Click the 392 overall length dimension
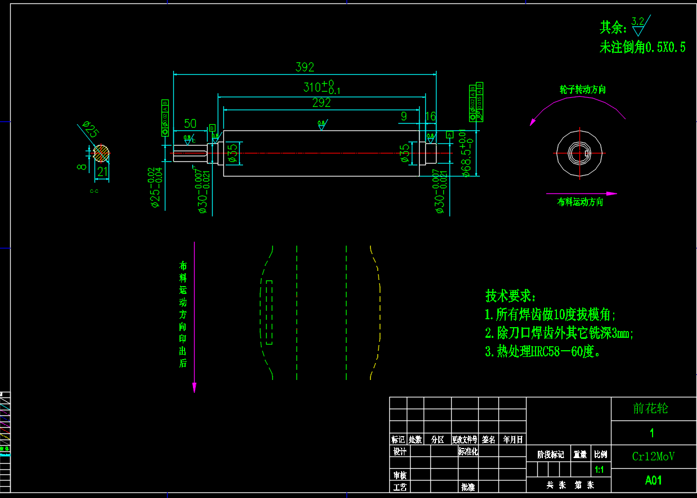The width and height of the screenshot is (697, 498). tap(305, 67)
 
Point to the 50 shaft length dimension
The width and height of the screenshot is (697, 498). tap(190, 124)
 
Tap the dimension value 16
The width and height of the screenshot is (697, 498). tap(430, 116)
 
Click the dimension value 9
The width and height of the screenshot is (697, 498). tap(403, 116)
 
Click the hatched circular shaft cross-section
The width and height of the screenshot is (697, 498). tap(101, 152)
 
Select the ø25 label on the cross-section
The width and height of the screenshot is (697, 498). tap(91, 129)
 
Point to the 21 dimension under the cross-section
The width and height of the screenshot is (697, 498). tap(102, 173)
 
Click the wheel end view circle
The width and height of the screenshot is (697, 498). tap(580, 152)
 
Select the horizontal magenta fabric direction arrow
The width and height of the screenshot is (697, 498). tap(581, 193)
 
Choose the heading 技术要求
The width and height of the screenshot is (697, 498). tap(511, 296)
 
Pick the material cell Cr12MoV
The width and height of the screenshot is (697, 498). tap(653, 456)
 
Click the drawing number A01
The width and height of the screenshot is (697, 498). tap(653, 481)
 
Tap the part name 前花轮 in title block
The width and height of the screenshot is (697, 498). tap(650, 408)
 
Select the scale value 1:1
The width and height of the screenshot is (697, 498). tap(600, 470)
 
